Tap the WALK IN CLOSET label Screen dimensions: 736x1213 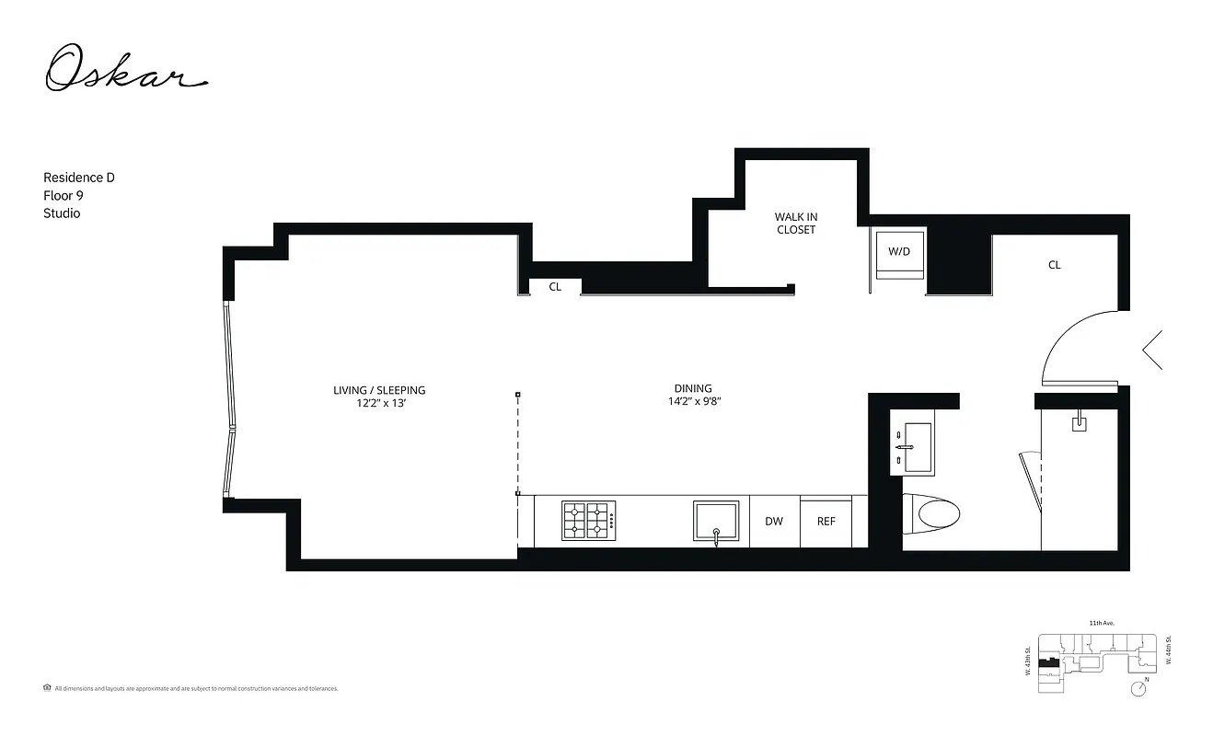(x=796, y=224)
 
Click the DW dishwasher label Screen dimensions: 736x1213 (x=774, y=522)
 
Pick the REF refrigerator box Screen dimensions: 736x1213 (x=826, y=522)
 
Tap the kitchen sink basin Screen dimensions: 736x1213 (x=716, y=521)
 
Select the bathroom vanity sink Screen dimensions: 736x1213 (x=912, y=447)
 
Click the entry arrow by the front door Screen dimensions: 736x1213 (x=1151, y=350)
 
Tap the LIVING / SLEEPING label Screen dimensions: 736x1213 (x=379, y=390)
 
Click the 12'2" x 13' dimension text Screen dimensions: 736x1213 (x=379, y=403)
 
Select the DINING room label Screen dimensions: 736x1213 (x=693, y=388)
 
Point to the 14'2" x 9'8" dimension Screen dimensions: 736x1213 (x=693, y=401)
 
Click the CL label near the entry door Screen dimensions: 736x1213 (x=1054, y=265)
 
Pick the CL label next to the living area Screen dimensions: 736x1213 (x=555, y=287)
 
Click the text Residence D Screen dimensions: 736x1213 (x=79, y=177)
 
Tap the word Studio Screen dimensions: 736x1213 (x=62, y=213)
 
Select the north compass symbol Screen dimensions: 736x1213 (x=1141, y=687)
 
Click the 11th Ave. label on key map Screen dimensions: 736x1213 (x=1102, y=623)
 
